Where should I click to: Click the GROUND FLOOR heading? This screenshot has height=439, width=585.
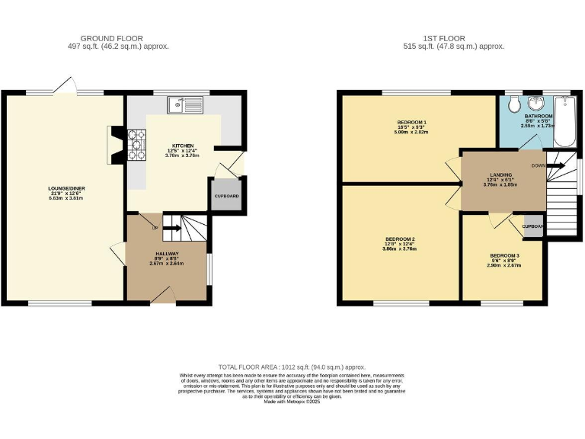point(112,38)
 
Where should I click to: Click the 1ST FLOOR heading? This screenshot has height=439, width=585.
point(453,38)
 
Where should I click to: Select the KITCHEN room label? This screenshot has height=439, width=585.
point(182,145)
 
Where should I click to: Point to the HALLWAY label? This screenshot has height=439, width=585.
point(168,253)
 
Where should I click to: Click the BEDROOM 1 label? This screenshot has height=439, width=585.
point(411,123)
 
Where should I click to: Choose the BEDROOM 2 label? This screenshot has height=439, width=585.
point(401,239)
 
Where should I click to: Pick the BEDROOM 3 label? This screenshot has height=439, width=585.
point(504,255)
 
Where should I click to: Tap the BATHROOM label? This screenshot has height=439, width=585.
point(538,116)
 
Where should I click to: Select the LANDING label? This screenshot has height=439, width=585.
point(500,177)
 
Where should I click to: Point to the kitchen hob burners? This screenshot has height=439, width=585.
point(138,145)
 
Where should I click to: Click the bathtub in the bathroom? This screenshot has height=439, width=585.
point(564,122)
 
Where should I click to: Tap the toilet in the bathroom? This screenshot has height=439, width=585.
point(513,104)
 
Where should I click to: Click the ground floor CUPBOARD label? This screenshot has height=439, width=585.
point(226,197)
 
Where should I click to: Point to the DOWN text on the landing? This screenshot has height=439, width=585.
point(538,164)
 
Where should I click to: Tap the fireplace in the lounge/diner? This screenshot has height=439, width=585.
point(114,146)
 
